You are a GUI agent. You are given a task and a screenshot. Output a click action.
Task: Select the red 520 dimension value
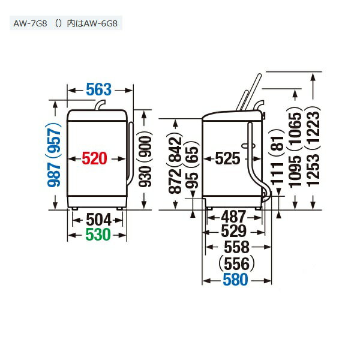point(95,158)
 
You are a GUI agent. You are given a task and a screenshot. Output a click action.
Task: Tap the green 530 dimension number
point(98,235)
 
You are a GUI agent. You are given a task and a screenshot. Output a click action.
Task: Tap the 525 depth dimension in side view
point(227,158)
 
